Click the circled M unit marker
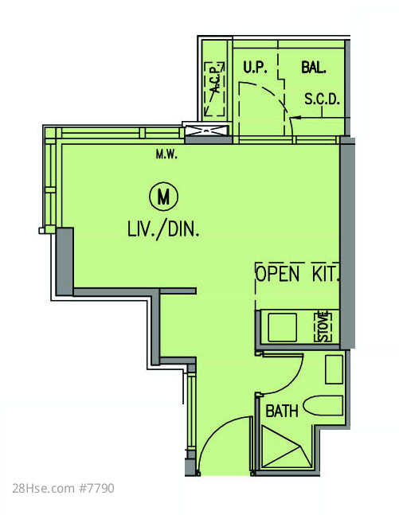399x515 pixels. point(163,197)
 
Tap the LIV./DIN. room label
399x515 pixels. point(163,229)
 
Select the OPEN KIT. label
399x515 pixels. point(297,274)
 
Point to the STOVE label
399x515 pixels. point(323,327)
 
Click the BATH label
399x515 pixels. point(282,411)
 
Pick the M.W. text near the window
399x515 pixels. point(166,154)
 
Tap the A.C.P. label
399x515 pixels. point(215,80)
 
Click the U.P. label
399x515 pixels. point(255,68)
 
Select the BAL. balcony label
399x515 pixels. point(314,68)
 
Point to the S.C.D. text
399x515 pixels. point(322,99)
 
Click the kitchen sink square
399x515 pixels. point(282,327)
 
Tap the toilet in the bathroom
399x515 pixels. point(323,406)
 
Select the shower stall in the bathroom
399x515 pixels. point(285,447)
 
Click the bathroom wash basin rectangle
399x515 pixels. point(334,369)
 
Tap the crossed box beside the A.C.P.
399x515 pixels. point(206,131)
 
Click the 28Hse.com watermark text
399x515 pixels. point(43,488)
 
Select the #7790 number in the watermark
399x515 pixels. point(96,488)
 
